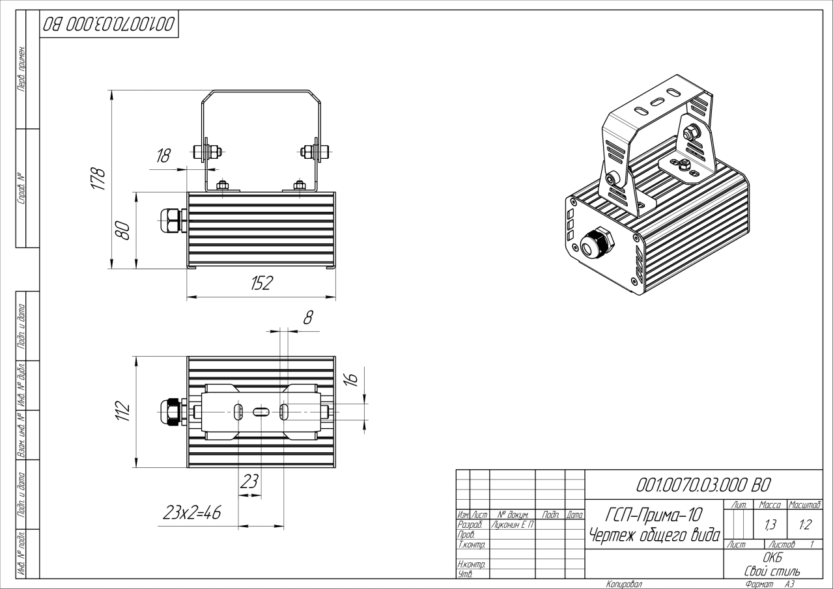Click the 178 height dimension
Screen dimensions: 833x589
[x=99, y=179]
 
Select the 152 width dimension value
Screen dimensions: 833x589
[x=262, y=283]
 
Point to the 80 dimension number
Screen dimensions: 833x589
[x=122, y=230]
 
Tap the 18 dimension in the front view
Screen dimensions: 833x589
[x=163, y=156]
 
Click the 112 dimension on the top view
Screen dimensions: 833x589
[x=122, y=411]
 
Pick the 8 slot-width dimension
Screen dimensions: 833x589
[x=308, y=318]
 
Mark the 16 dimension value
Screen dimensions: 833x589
[x=351, y=379]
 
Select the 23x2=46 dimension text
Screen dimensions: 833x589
[x=192, y=513]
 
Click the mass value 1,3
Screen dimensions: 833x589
[x=770, y=525]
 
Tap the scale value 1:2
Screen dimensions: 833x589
[x=805, y=525]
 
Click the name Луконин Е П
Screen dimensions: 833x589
[x=513, y=525]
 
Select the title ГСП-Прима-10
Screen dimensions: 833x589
[x=655, y=515]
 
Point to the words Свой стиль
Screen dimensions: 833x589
[x=772, y=571]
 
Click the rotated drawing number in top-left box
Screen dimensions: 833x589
[x=109, y=25]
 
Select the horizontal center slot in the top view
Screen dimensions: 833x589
[x=261, y=412]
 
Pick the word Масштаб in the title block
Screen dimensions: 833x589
[x=805, y=505]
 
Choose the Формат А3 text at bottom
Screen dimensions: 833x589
[x=770, y=584]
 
